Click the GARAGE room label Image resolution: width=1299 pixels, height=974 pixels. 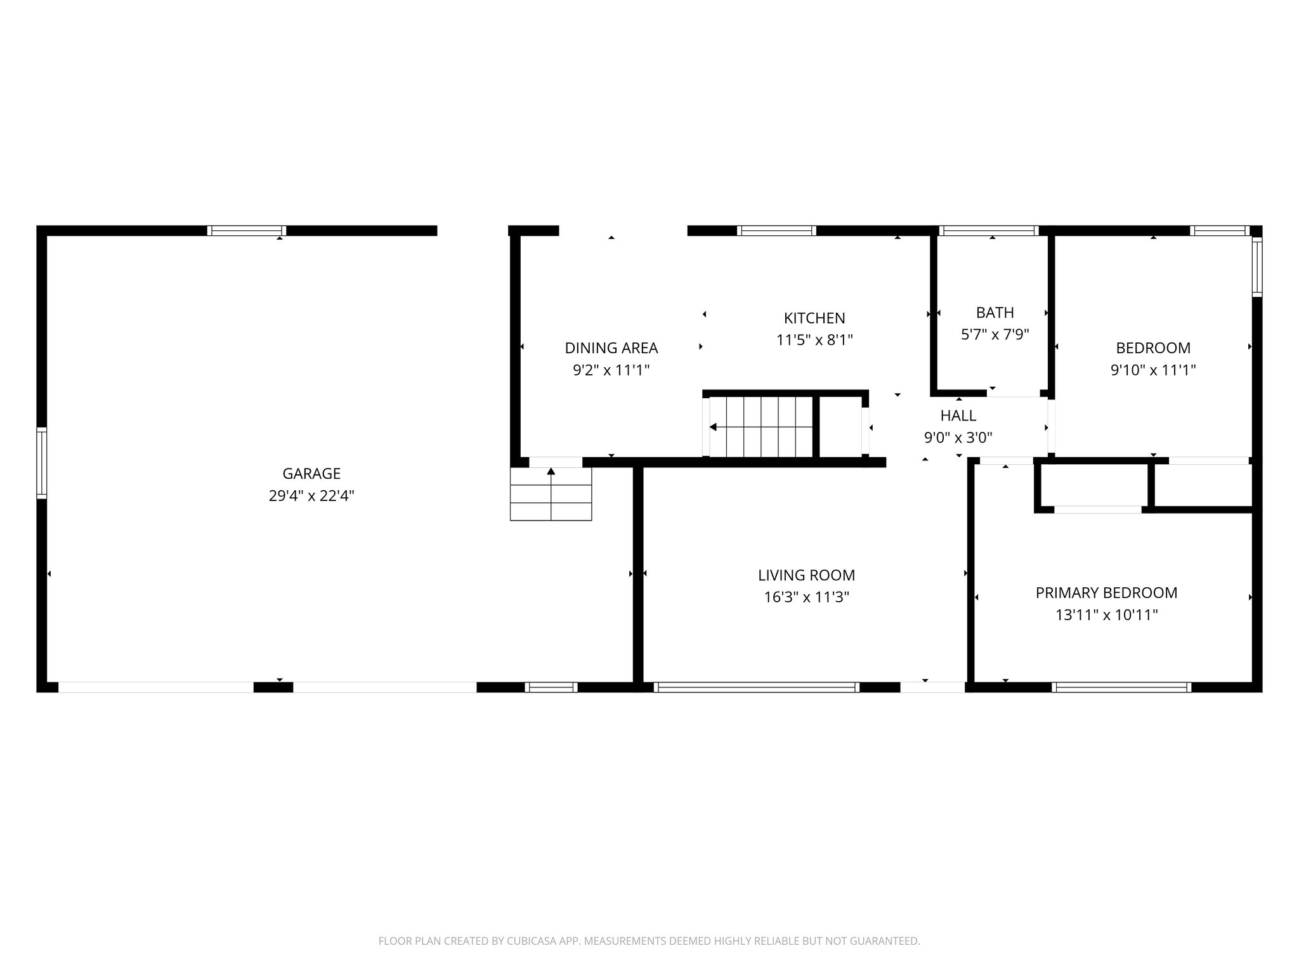(311, 474)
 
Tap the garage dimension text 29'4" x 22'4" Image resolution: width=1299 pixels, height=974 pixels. (311, 496)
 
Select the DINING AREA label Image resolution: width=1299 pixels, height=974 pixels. (611, 348)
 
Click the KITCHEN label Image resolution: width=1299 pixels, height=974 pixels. (814, 318)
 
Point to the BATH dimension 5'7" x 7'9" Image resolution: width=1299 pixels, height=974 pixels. (995, 334)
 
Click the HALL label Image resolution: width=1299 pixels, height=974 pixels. (958, 416)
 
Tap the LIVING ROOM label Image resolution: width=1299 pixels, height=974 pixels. (806, 575)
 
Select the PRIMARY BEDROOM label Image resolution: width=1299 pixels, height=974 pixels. (1106, 593)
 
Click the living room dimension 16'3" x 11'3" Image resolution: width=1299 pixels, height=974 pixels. (806, 597)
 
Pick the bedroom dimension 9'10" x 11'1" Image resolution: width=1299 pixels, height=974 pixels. (1152, 370)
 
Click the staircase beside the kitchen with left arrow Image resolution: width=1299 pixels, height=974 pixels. (760, 427)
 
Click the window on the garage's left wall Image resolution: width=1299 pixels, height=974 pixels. (42, 462)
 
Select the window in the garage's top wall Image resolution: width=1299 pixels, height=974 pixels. (247, 231)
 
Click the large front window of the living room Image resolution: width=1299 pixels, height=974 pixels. (756, 687)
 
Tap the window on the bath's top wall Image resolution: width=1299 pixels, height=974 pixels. (988, 231)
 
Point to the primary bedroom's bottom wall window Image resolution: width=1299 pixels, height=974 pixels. (1121, 687)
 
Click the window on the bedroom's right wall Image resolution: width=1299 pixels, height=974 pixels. (1257, 266)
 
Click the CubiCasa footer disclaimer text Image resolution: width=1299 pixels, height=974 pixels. (649, 941)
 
